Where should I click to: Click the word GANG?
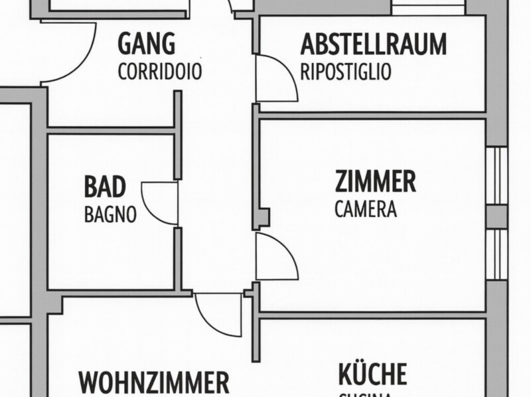pos(147,44)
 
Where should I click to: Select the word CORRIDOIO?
pos(159,72)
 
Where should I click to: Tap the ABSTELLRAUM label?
pos(373,44)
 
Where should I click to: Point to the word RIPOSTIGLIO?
pos(345,72)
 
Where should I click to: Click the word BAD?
pos(105,187)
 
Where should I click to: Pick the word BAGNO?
pos(110,214)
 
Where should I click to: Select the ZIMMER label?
pos(375,181)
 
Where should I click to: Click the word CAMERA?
pos(365,210)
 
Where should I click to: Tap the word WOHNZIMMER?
pos(153,384)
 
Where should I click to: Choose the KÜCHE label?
pos(372,374)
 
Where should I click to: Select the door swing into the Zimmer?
pos(275,257)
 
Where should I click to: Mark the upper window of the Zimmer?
pos(496,175)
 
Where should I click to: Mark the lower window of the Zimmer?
pos(496,254)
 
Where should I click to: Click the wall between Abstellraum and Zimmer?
pos(372,115)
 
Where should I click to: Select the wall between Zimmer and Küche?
pos(372,315)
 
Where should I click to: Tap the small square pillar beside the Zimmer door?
pos(264,217)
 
